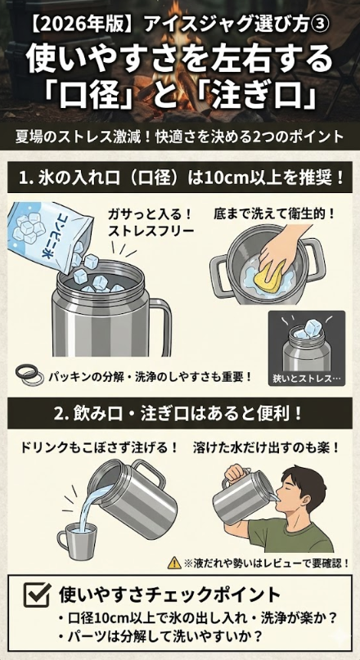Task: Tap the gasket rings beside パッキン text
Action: click(x=31, y=374)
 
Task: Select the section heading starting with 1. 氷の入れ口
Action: click(x=180, y=177)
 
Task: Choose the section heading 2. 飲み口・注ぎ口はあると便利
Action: click(x=180, y=415)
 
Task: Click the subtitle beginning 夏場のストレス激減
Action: click(x=180, y=136)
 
